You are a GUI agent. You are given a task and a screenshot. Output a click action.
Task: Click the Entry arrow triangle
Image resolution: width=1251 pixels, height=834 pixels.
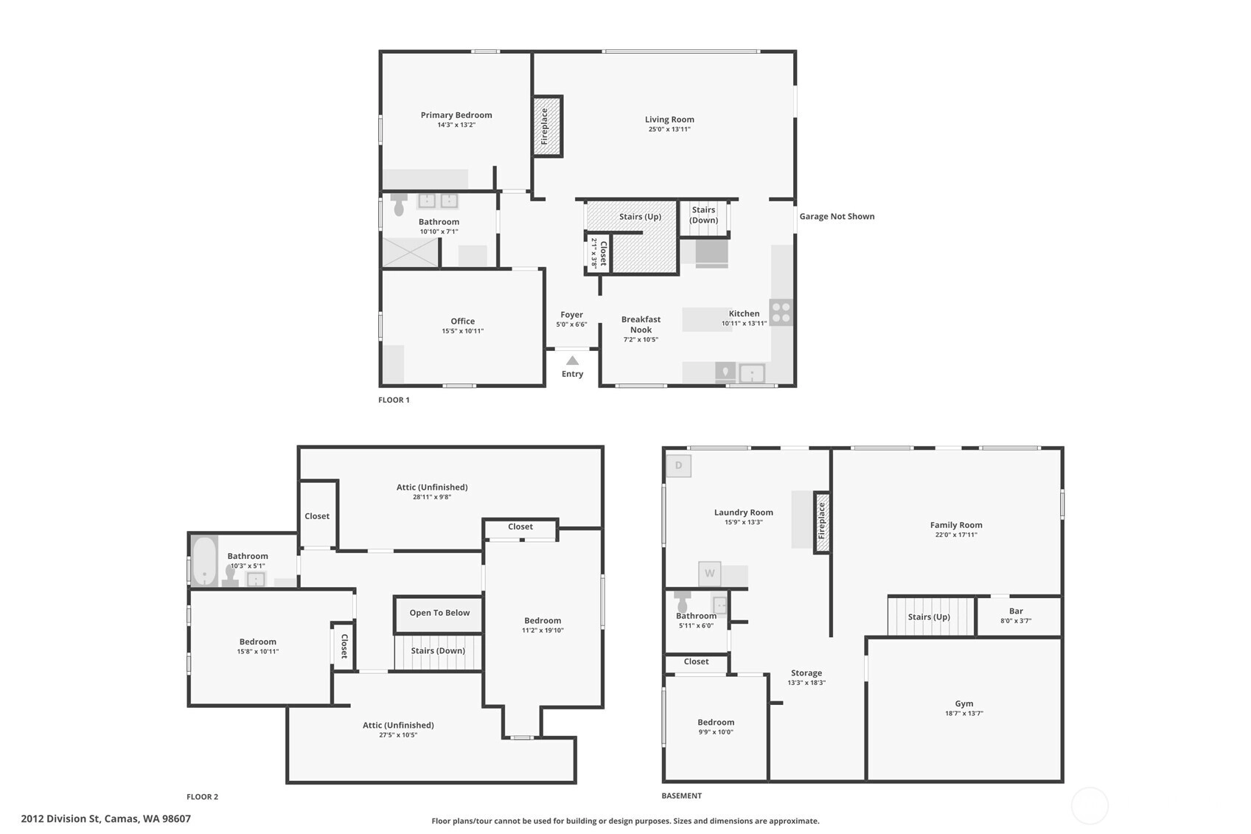573,361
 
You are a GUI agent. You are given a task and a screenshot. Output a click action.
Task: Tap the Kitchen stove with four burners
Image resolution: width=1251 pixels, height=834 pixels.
781,313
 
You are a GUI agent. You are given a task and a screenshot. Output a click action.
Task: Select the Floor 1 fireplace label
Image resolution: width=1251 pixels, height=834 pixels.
545,126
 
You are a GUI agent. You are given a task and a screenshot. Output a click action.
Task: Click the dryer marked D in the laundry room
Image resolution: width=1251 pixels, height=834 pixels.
678,465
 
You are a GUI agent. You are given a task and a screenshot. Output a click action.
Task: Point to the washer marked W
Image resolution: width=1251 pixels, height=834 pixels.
709,573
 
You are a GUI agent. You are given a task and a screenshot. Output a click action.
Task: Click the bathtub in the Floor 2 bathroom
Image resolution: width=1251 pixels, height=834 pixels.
205,561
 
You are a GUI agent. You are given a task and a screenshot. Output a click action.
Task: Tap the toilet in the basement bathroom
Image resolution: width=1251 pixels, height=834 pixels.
682,601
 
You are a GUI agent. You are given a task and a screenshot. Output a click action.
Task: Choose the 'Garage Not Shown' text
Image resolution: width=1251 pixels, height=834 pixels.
837,216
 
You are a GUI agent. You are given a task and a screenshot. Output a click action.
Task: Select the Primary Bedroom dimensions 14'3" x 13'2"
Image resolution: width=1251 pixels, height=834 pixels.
456,125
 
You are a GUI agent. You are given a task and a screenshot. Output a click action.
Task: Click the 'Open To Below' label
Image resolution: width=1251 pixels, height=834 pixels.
439,613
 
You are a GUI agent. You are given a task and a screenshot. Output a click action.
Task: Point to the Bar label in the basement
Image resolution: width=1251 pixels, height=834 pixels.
1016,611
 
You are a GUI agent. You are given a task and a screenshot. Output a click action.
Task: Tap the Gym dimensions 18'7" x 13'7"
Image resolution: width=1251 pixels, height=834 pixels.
964,713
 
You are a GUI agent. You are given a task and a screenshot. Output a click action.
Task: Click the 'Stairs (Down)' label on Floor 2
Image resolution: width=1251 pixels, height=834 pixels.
438,651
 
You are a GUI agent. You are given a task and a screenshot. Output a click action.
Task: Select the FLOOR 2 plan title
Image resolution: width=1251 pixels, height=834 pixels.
202,796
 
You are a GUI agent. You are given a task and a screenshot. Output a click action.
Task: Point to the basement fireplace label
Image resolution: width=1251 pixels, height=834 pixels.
821,521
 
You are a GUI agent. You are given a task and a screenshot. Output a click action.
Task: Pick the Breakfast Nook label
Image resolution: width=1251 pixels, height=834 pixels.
641,324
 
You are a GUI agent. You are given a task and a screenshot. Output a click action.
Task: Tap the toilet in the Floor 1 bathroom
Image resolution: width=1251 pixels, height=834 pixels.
398,205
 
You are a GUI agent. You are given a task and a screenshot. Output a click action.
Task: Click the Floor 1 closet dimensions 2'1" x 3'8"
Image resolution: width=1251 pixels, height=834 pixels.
593,253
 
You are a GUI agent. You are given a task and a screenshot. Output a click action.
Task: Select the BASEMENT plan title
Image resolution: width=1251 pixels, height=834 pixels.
681,796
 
